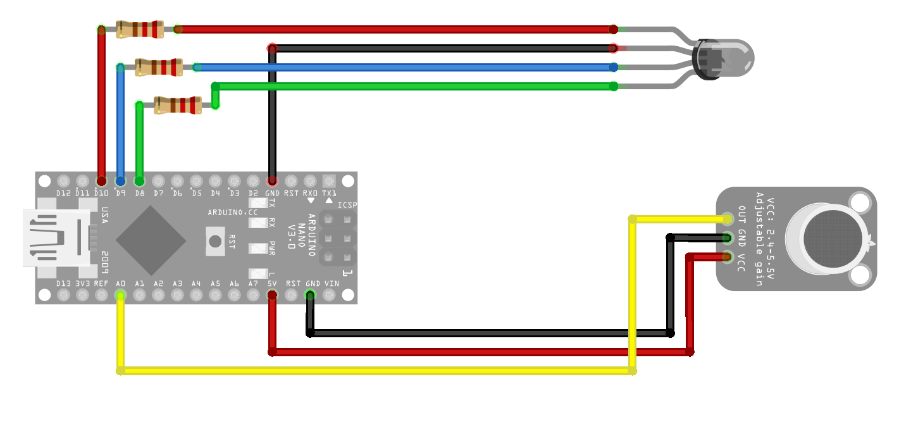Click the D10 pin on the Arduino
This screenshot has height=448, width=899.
click(x=101, y=181)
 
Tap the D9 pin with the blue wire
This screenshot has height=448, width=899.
click(x=120, y=181)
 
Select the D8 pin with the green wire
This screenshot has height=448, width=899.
click(x=139, y=181)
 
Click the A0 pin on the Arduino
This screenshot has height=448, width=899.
click(x=120, y=295)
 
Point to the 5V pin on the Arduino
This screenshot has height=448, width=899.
click(x=272, y=295)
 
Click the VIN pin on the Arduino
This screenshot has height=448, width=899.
click(x=329, y=295)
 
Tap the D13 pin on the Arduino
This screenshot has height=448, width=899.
click(x=63, y=295)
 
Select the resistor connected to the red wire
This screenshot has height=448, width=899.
click(x=140, y=29)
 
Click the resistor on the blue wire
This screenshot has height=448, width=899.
click(x=159, y=67)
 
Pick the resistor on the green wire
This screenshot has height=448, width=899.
click(x=178, y=105)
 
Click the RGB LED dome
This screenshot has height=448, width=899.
click(x=728, y=58)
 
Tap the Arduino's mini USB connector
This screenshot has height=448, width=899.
click(x=54, y=238)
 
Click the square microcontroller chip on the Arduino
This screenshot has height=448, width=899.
click(x=151, y=240)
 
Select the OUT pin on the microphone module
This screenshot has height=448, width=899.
click(x=728, y=219)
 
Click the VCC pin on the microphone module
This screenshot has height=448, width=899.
click(x=728, y=257)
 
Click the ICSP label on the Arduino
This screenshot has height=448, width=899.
click(x=347, y=205)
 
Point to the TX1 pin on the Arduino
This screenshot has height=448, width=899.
click(x=329, y=181)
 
